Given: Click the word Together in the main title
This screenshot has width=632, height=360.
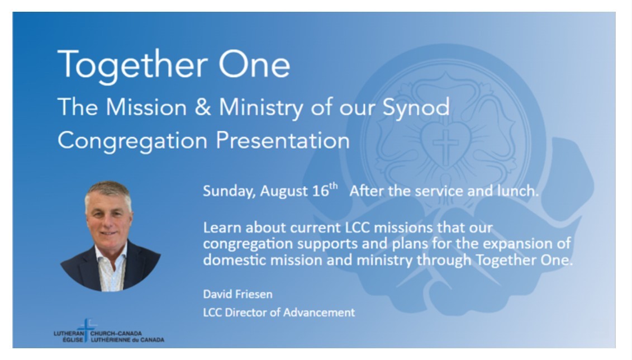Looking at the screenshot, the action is point(132,65).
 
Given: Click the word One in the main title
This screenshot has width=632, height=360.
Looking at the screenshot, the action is point(254,64).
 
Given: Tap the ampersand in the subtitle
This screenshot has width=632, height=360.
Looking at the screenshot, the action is point(203,107).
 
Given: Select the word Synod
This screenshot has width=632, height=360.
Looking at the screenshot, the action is point(416,108).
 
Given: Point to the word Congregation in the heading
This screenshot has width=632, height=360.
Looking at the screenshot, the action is point(132,141).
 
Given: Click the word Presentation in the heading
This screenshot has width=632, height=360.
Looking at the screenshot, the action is point(283,140).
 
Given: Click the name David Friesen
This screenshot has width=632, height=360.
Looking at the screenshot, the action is point(238,294).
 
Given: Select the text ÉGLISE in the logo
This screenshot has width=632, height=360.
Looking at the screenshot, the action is point(73,340).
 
